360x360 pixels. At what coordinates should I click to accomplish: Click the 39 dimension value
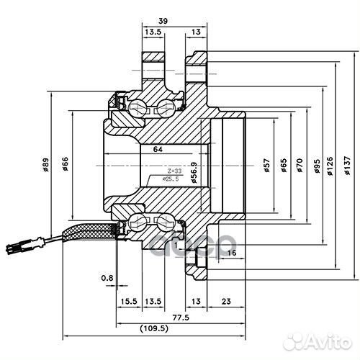click(x=163, y=22)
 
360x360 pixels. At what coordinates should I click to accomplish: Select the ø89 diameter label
click(x=45, y=166)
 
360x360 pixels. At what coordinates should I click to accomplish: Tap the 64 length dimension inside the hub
click(x=158, y=150)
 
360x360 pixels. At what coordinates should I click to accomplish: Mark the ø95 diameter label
click(x=317, y=167)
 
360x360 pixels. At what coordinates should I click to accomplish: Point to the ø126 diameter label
click(x=332, y=167)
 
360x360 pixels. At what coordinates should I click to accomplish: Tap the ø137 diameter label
click(x=348, y=167)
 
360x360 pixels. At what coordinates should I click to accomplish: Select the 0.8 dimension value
click(x=107, y=276)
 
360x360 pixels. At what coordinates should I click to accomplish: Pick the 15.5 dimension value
click(x=130, y=301)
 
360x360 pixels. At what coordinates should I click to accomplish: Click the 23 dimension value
click(x=225, y=301)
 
